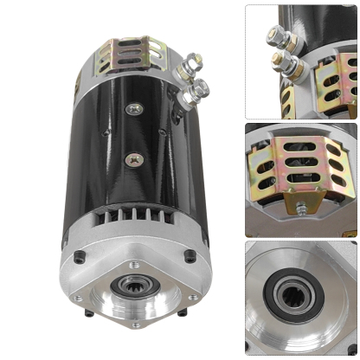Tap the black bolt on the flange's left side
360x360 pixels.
tap(80, 257)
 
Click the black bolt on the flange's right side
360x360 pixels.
tap(190, 255)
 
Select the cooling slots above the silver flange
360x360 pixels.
tap(133, 220)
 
